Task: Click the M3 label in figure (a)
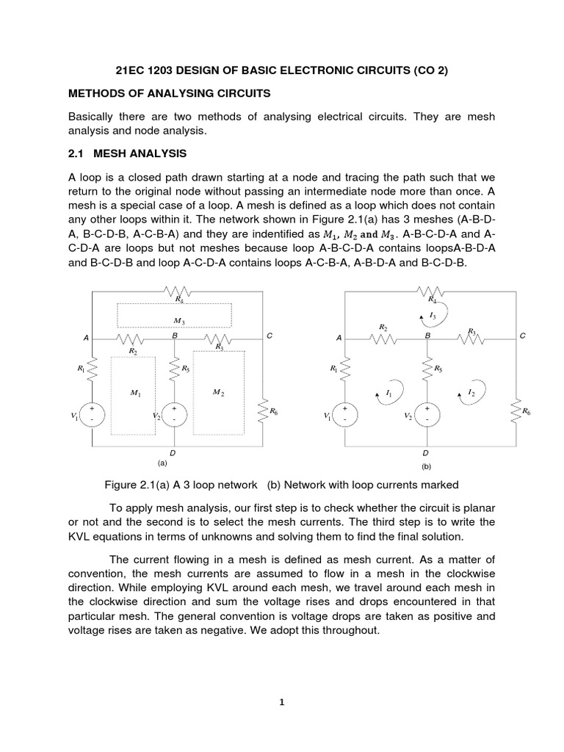(178, 321)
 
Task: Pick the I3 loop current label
(433, 316)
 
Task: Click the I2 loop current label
(471, 392)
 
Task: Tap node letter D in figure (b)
(425, 454)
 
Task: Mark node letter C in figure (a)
(270, 336)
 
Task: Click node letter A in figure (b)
(339, 338)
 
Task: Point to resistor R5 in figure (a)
(175, 370)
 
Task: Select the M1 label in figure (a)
(135, 394)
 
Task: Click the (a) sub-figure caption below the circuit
(162, 463)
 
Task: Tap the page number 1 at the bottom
(282, 701)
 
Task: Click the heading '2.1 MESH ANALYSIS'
(127, 153)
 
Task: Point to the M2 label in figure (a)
(218, 393)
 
